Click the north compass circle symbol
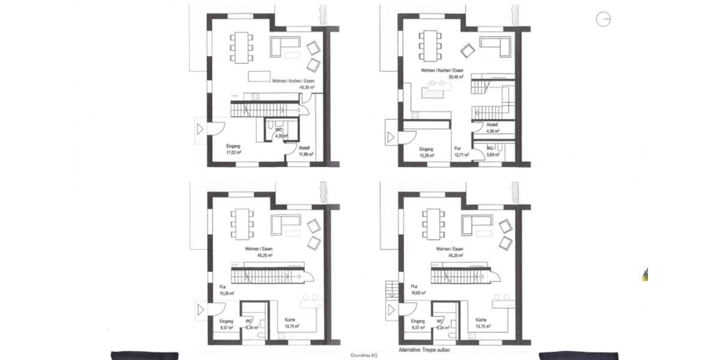pyautogui.click(x=602, y=19)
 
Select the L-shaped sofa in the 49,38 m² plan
pyautogui.click(x=285, y=44)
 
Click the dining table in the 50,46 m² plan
pyautogui.click(x=428, y=45)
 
